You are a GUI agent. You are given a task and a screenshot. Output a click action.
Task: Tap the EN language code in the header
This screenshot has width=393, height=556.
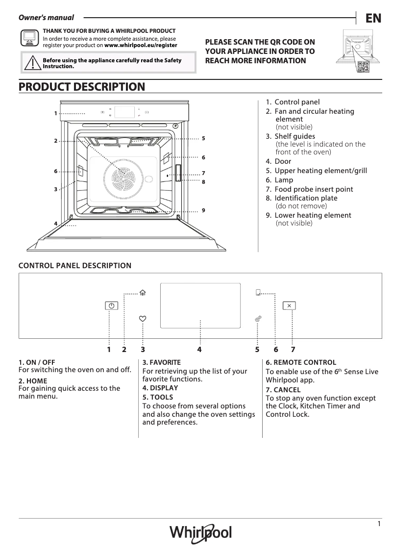click(373, 19)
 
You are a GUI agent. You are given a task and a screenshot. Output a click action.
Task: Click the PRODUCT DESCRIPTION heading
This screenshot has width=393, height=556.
click(82, 87)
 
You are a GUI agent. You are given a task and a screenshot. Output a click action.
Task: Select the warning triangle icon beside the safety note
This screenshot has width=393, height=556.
click(32, 63)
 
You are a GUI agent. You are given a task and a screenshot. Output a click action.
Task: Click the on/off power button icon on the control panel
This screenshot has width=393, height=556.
click(112, 305)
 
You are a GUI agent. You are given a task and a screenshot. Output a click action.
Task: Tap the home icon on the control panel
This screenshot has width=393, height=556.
click(143, 293)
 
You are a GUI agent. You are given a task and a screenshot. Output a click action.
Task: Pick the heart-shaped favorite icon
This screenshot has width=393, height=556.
click(143, 319)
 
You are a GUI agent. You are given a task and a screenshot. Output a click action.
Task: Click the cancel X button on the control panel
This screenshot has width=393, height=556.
click(290, 305)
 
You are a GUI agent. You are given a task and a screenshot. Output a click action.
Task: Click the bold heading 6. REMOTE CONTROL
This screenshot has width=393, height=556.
click(301, 362)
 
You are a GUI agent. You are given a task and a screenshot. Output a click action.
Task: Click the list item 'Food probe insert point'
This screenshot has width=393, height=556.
click(313, 189)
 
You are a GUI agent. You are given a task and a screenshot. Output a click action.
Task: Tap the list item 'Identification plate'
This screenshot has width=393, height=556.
click(306, 198)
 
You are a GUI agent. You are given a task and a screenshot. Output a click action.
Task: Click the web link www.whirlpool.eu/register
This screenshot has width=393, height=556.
click(141, 45)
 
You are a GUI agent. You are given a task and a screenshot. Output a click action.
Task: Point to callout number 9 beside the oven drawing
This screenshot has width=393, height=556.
click(203, 210)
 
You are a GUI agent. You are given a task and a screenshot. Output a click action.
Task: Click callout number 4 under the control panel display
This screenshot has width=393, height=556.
click(199, 350)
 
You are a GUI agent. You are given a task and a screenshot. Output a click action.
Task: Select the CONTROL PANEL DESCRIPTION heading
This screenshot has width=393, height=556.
click(75, 266)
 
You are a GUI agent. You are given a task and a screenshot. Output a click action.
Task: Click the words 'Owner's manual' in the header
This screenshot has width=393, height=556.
click(46, 18)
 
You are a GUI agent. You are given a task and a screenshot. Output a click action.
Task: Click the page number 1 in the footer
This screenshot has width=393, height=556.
click(379, 524)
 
